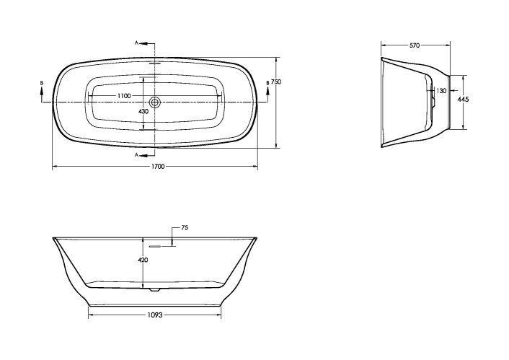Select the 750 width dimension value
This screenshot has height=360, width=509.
275,83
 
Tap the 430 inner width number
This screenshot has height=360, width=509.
143,112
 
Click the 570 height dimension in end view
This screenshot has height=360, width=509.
415,45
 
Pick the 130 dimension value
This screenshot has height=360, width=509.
441,91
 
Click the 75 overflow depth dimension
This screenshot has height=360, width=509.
184,228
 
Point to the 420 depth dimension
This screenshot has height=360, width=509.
143,260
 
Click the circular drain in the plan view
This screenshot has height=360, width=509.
154,102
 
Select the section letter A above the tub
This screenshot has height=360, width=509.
137,43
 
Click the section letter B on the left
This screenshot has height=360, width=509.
41,84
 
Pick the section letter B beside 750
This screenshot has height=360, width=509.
267,84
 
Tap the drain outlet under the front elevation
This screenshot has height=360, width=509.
153,291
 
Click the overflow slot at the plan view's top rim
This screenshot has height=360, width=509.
153,62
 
